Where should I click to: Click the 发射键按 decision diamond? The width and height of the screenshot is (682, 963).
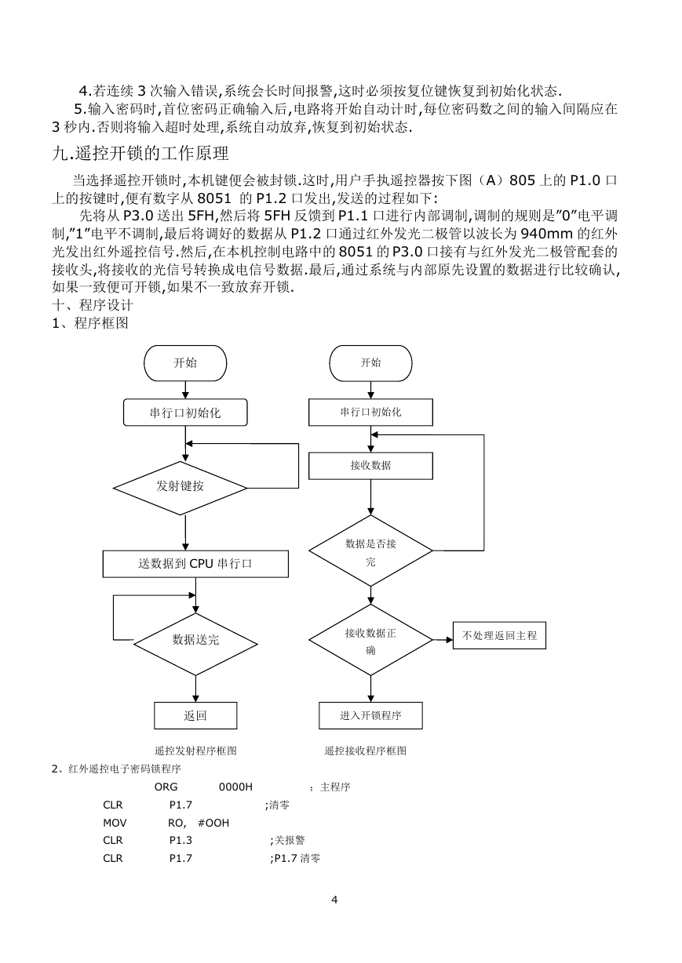click(x=180, y=488)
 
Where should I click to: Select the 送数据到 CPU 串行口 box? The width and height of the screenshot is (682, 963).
click(x=195, y=564)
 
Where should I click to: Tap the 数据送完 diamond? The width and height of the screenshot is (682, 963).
click(x=195, y=644)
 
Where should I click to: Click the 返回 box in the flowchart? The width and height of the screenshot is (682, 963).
click(x=195, y=715)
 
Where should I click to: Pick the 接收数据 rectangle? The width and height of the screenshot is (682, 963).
click(x=370, y=466)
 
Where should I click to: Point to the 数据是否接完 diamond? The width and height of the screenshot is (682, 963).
click(x=370, y=551)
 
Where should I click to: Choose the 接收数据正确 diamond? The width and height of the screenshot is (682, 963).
click(x=370, y=640)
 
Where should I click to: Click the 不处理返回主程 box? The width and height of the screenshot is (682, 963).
click(x=499, y=635)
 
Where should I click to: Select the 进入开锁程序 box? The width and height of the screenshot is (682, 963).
click(x=370, y=715)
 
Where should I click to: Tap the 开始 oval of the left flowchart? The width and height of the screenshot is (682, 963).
click(x=185, y=363)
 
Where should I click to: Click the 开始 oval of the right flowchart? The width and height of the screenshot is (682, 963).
click(x=370, y=363)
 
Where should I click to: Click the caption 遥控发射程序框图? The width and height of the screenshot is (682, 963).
click(x=195, y=750)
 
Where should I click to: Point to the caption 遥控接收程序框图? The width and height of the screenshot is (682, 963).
click(x=365, y=750)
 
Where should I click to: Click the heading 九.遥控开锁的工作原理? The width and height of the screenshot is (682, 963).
click(x=140, y=154)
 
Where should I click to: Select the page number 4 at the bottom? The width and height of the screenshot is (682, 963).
click(x=335, y=899)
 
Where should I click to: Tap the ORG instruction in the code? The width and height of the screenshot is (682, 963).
click(x=166, y=787)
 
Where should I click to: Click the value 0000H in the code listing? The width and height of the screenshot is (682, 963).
click(x=235, y=787)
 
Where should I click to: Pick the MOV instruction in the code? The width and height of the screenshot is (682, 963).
click(x=115, y=823)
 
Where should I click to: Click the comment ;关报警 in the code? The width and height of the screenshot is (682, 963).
click(x=287, y=840)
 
